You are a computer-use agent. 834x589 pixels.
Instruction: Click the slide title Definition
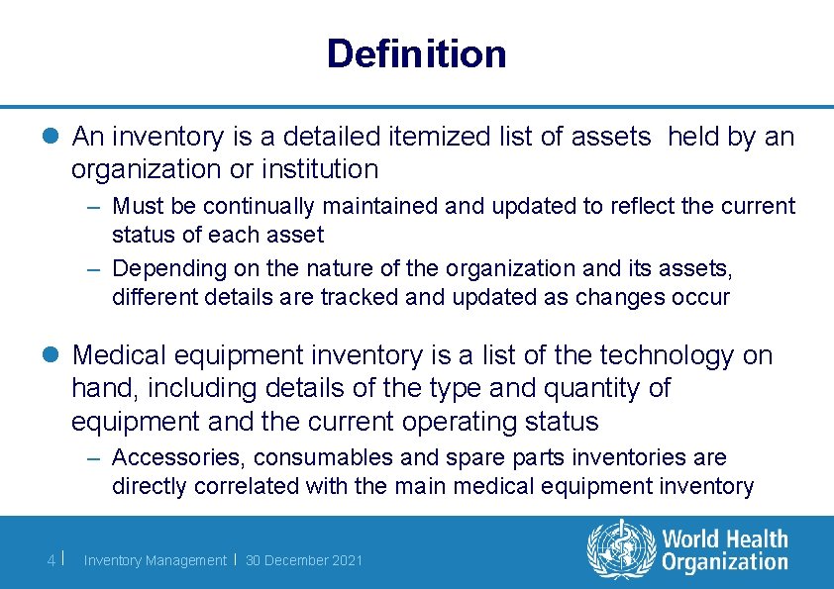[x=416, y=53]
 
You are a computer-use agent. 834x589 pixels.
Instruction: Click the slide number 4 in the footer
[x=52, y=560]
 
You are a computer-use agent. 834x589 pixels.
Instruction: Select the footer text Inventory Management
[x=155, y=560]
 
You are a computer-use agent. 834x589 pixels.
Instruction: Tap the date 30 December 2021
[x=304, y=560]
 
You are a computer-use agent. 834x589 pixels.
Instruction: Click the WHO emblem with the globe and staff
[x=622, y=549]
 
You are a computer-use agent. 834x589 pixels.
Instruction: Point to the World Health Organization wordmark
[x=725, y=550]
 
